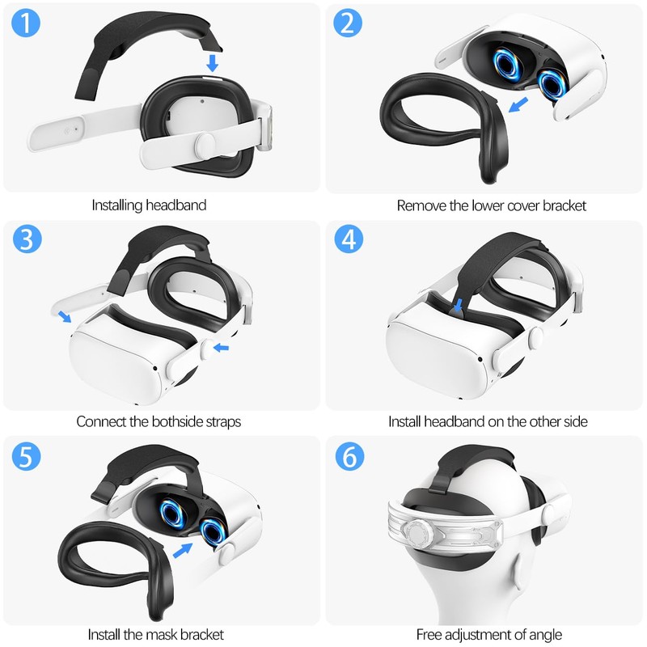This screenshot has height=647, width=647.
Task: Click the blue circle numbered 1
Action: (27, 24)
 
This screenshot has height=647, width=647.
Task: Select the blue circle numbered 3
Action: (27, 240)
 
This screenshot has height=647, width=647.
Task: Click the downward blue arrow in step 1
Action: (213, 62)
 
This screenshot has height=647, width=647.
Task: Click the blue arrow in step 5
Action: (184, 550)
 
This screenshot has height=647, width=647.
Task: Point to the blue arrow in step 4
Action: (459, 305)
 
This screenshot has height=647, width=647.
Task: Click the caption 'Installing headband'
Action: (149, 205)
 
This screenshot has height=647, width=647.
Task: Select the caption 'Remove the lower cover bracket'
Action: (491, 205)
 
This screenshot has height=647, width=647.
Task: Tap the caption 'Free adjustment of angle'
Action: (488, 634)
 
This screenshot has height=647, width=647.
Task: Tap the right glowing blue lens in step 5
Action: (214, 532)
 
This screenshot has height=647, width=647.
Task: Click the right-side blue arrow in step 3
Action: (221, 348)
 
